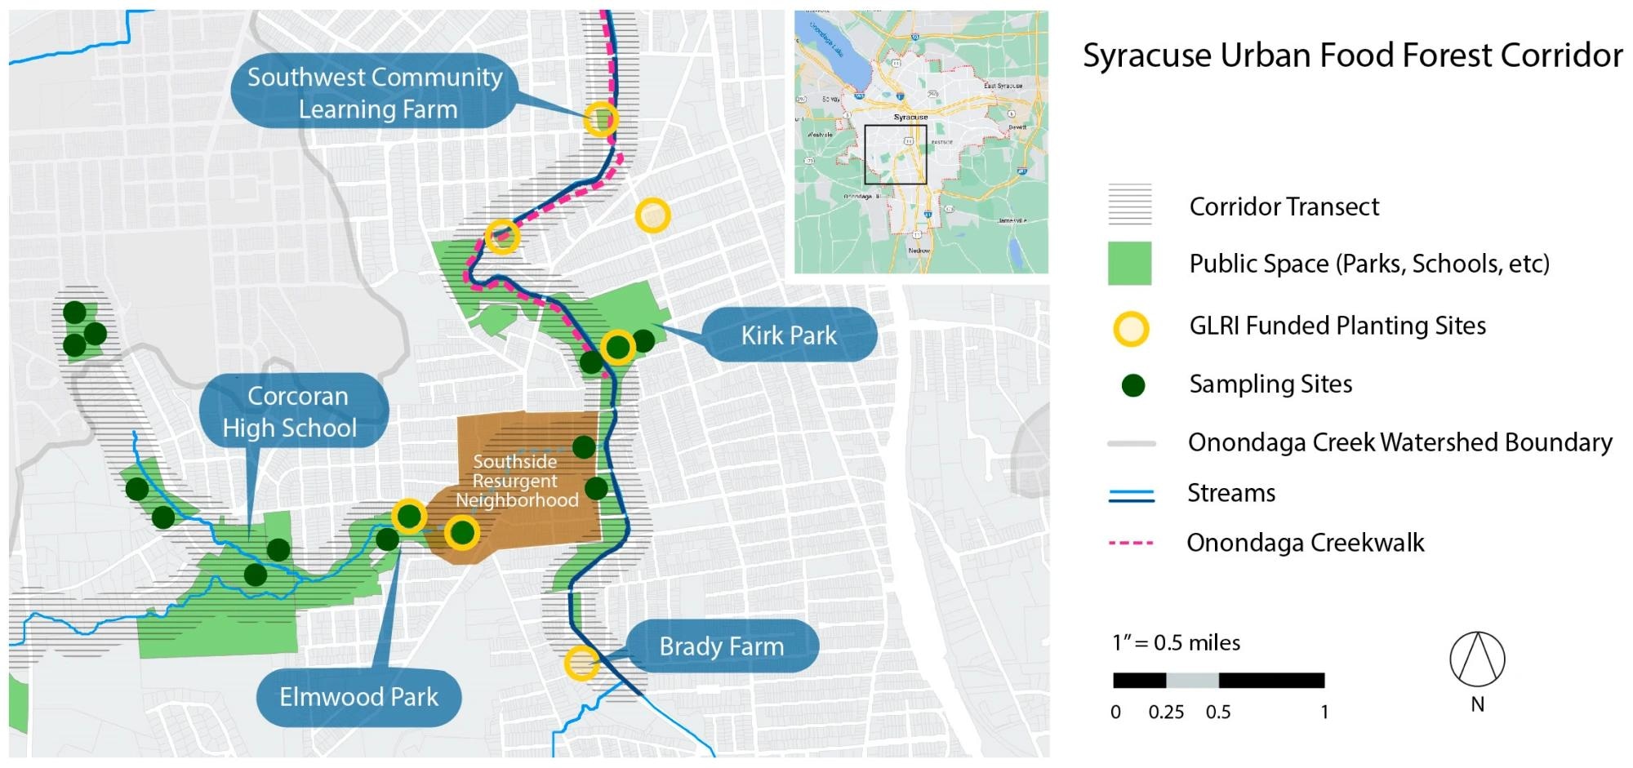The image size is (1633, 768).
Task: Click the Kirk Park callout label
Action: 789,335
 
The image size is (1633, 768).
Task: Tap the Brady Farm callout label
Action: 722,646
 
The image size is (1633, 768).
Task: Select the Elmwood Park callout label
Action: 359,697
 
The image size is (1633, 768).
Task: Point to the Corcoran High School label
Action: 291,412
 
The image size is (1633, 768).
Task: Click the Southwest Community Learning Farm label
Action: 376,92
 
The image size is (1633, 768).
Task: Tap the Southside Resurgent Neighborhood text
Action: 516,481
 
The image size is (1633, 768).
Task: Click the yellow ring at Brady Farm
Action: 581,663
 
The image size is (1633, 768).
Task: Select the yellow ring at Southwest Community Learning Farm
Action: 601,119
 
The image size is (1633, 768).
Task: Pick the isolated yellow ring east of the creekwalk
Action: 652,215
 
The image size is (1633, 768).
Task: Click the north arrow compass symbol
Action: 1477,659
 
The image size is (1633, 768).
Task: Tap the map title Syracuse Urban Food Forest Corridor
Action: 1352,55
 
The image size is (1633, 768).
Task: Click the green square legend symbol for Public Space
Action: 1129,264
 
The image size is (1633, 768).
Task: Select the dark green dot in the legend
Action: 1132,385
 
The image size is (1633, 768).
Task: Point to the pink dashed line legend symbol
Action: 1131,543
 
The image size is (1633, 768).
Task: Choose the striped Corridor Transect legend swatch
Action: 1129,205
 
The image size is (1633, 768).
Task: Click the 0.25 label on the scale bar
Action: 1165,712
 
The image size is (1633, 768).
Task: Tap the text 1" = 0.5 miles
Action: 1176,643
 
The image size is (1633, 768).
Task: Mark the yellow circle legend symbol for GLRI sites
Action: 1132,328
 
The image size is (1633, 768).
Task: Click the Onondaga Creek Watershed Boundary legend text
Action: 1399,442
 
